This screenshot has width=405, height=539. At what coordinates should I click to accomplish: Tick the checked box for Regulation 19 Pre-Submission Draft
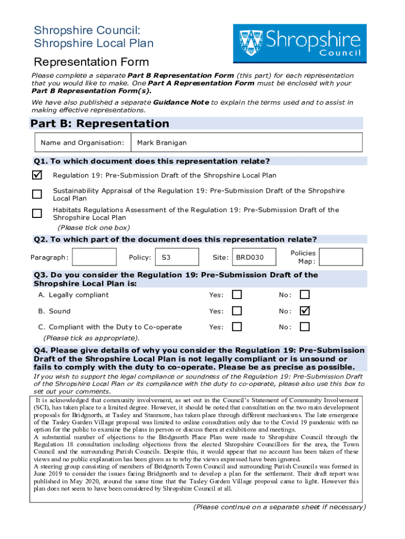pos(37,175)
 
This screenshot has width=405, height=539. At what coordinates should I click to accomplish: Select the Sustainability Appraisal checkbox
pos(37,194)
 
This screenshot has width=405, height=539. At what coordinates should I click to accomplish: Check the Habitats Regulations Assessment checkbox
pos(37,213)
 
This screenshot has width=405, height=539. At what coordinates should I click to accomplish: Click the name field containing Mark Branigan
pos(247,143)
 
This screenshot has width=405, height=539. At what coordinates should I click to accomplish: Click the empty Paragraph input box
pos(95,257)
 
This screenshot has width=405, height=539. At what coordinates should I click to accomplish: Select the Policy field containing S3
pos(178,257)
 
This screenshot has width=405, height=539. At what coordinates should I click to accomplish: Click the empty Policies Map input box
pos(341,257)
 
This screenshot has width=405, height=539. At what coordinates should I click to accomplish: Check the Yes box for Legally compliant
pos(237,295)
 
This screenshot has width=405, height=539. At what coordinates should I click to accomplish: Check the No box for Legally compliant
pos(305,295)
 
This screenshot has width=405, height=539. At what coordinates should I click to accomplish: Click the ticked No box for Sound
pos(305,311)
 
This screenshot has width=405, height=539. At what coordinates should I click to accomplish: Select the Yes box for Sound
pos(237,311)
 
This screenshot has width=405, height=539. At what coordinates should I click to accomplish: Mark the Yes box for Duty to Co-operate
pos(237,327)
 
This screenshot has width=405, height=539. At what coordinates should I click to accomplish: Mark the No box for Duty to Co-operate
pos(305,327)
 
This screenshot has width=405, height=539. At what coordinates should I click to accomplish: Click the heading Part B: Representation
pos(100,124)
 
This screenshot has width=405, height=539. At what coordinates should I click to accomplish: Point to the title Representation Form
pos(91,62)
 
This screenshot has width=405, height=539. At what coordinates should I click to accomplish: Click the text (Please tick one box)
pos(93,228)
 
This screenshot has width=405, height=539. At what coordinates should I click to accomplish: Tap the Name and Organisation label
pos(83,143)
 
